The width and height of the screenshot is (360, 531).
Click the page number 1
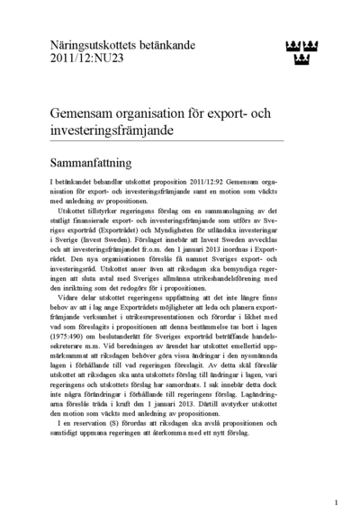(336, 502)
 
